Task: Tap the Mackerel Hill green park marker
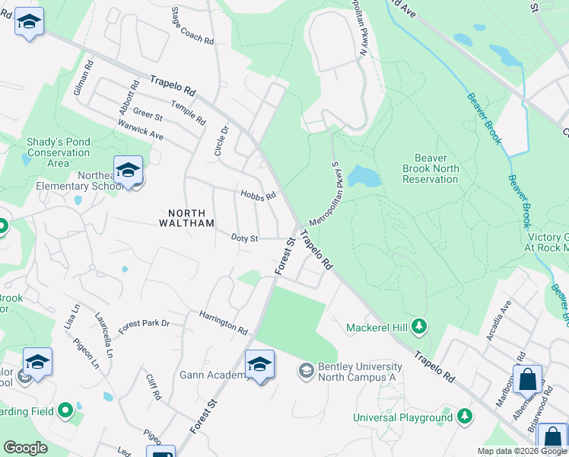[x=418, y=327]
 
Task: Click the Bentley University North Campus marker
[x=306, y=371]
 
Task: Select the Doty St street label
[x=245, y=238]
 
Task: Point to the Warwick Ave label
[x=140, y=129]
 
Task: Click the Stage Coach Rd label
[x=192, y=25]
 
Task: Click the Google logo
[x=25, y=448]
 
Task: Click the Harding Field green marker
[x=65, y=411]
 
